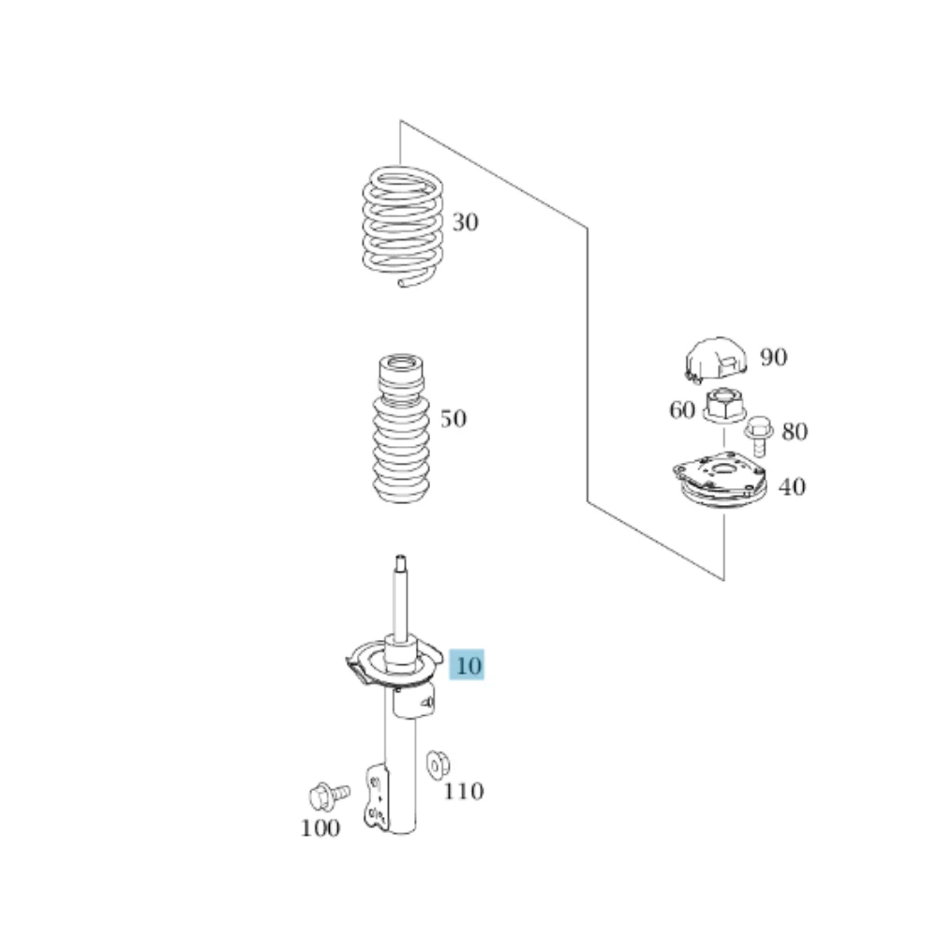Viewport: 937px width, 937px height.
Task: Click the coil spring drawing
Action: (403, 226)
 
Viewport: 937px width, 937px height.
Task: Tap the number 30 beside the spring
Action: (465, 222)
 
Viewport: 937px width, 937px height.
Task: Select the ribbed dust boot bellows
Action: (401, 429)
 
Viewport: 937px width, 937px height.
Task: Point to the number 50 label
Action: (453, 418)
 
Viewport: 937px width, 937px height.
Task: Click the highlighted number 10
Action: (468, 665)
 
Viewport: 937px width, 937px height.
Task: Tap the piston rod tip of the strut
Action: (401, 560)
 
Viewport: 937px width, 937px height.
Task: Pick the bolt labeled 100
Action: (329, 796)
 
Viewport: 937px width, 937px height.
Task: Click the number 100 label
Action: (320, 828)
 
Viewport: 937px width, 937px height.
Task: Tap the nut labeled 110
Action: (438, 765)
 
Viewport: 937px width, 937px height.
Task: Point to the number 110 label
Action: (463, 791)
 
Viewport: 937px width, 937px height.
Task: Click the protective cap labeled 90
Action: (715, 359)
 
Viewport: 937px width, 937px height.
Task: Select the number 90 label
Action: (774, 357)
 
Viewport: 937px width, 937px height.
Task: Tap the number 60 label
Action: (682, 410)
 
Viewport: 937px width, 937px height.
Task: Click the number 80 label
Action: (795, 431)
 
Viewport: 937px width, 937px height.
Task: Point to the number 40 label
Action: (793, 487)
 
